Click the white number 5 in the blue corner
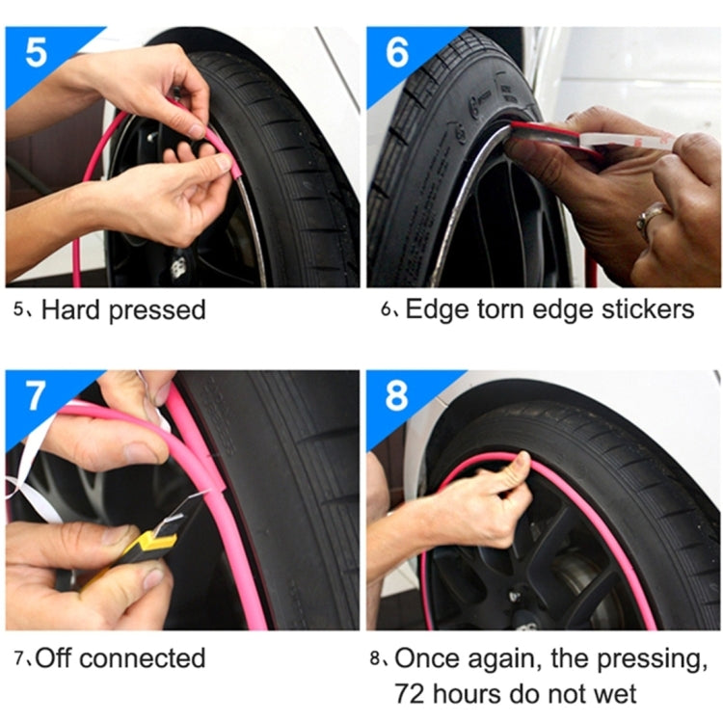click(36, 53)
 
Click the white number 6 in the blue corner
click(397, 53)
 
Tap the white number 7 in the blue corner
click(36, 395)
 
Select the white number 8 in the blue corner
click(396, 396)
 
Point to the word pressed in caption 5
click(159, 311)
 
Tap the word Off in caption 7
click(57, 658)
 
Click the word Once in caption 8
click(427, 658)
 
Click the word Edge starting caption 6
click(431, 309)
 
